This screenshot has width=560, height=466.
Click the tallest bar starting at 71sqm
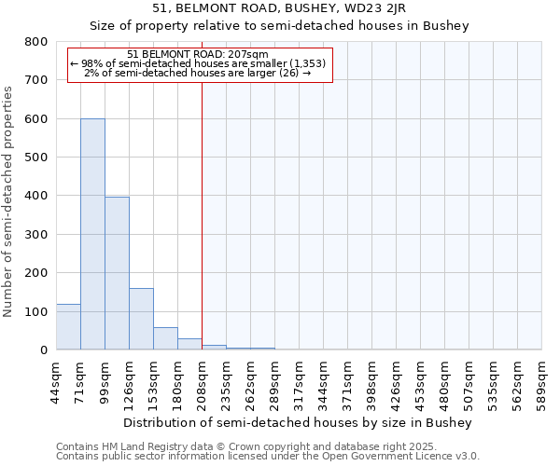(92, 234)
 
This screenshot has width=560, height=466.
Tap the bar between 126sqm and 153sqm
(141, 319)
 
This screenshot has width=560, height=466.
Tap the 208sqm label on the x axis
(202, 381)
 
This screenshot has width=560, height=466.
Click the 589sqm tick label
(541, 381)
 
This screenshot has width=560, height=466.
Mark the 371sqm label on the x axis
(347, 381)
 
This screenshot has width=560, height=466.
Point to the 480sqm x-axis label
(444, 381)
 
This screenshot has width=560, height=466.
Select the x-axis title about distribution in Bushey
(298, 422)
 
